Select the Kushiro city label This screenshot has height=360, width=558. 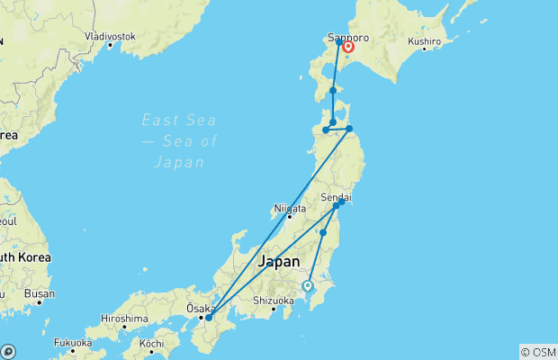(x=424, y=41)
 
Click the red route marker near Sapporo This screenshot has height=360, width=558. (x=348, y=48)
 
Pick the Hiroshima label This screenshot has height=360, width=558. (x=124, y=318)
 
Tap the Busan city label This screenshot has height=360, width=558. (x=40, y=293)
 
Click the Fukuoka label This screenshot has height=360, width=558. (x=73, y=342)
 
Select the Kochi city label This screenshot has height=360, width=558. (x=152, y=344)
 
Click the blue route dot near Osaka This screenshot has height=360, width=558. (x=208, y=317)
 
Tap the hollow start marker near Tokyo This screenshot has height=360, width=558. (x=308, y=285)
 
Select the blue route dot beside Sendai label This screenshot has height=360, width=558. (x=342, y=202)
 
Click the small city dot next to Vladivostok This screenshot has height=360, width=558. (x=110, y=44)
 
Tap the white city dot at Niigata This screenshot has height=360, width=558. (x=289, y=216)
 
